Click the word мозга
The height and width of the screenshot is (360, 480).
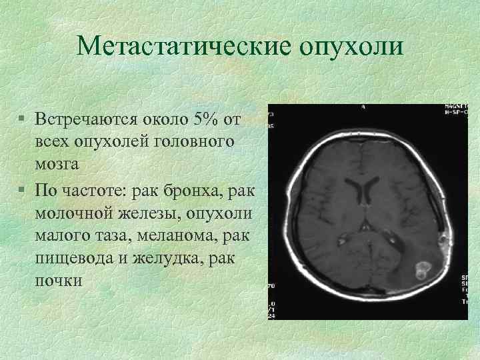(x=58, y=163)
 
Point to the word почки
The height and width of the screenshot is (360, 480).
(x=59, y=280)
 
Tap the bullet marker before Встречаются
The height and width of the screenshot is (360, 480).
(x=22, y=120)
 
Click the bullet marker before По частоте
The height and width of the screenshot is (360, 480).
(x=22, y=190)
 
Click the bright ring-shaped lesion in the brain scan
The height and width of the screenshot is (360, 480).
(x=421, y=271)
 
